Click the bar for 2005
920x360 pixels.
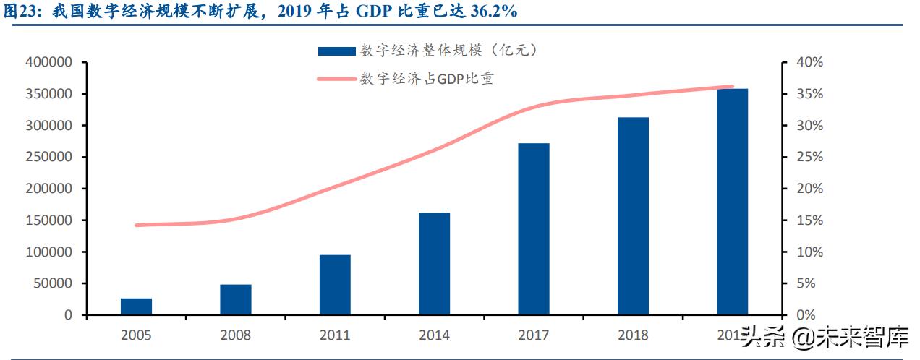point(136,307)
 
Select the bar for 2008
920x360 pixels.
point(236,300)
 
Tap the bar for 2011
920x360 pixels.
point(335,285)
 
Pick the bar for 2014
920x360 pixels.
point(434,264)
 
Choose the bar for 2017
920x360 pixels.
point(534,229)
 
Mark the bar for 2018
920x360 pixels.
point(633,216)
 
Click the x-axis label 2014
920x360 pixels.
point(434,335)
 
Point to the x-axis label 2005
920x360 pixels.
point(136,335)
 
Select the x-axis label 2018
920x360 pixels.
point(633,335)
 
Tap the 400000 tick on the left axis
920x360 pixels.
point(49,63)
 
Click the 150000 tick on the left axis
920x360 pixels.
point(49,220)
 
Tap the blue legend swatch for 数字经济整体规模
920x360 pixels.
point(336,51)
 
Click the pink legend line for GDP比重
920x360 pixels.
point(336,79)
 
